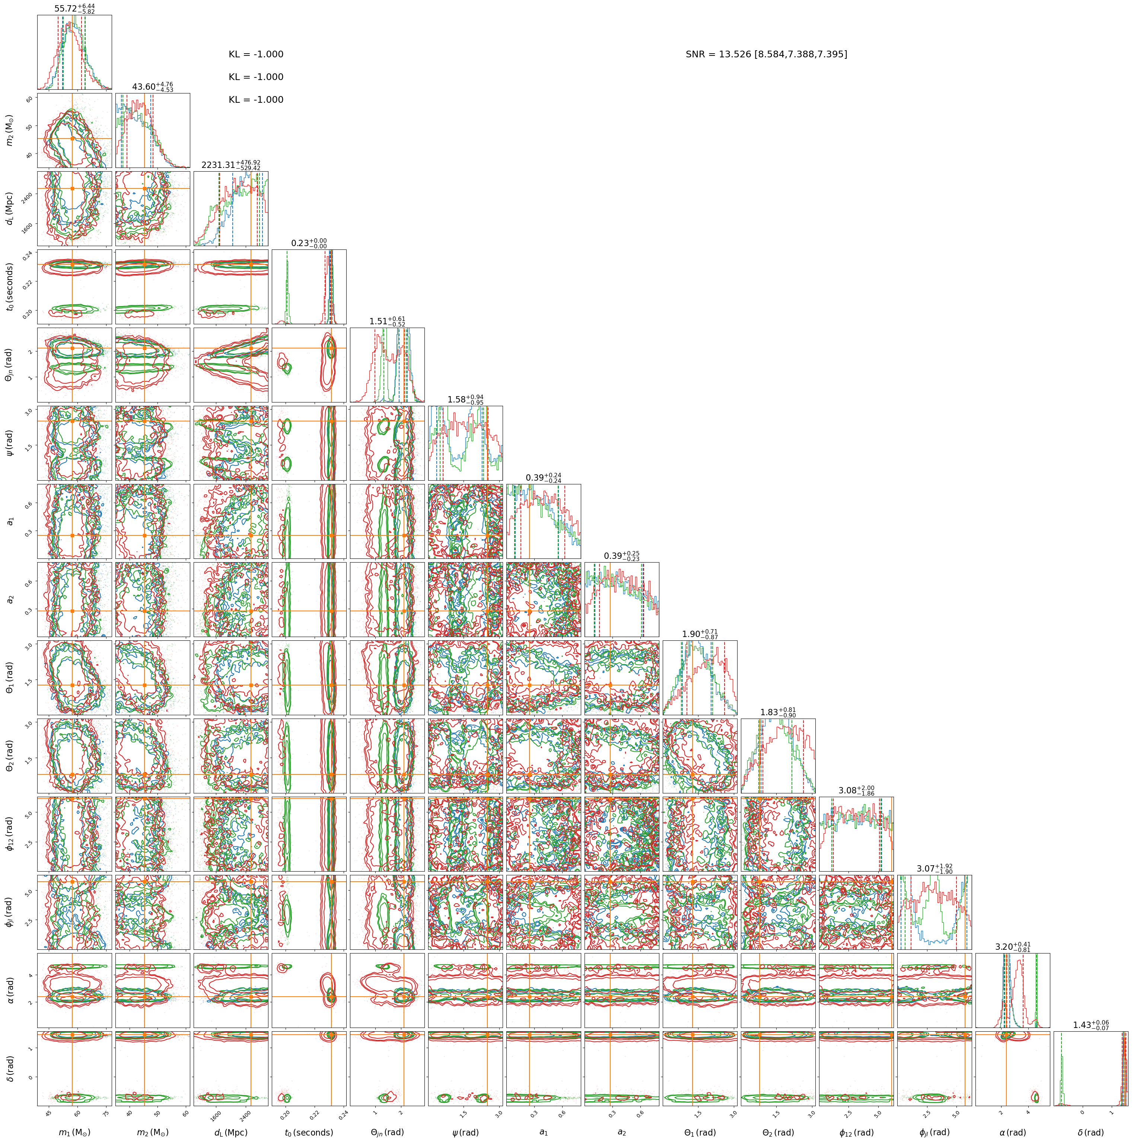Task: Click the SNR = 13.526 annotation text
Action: coord(766,54)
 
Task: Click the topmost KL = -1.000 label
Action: coord(256,54)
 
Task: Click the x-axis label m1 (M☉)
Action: coord(74,1132)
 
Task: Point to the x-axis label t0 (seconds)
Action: coord(309,1132)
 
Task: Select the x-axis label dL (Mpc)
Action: coord(231,1132)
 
